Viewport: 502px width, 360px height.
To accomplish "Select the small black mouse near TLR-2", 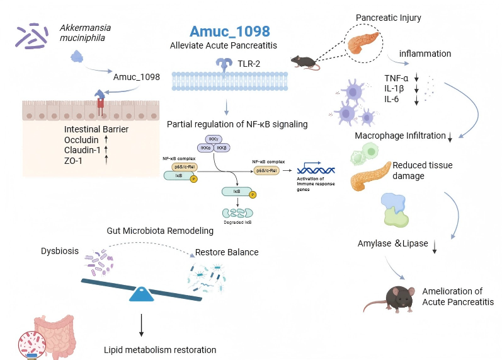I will coord(305,61).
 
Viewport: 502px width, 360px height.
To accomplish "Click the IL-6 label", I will coord(393,99).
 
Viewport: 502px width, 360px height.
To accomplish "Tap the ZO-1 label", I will coord(74,161).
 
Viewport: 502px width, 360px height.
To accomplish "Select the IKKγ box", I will coord(212,138).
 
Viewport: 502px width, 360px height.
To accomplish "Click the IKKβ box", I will coord(222,148).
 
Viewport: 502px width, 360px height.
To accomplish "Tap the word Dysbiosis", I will coord(60,251).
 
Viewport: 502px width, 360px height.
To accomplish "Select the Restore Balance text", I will coord(226,253).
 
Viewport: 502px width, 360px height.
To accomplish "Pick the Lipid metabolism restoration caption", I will coord(160,349).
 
